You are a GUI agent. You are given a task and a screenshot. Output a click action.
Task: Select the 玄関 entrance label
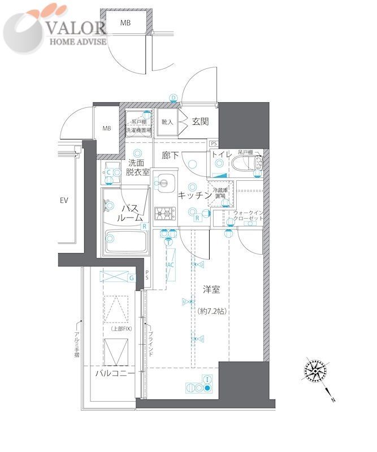tap(200, 121)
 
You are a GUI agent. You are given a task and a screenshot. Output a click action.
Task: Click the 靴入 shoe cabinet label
tap(167, 122)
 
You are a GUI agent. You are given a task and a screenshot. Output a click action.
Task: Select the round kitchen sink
tap(166, 182)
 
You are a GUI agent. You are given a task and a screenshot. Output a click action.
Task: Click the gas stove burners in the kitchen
tap(165, 214)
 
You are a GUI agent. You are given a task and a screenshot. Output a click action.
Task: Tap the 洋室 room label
tap(211, 289)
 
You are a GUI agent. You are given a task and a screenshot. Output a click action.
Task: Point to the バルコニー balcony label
tap(114, 374)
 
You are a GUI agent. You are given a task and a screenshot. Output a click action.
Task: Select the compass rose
tap(314, 371)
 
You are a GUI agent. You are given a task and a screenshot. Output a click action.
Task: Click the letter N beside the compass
tap(333, 400)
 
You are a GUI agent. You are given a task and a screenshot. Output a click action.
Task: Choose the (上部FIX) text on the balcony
tap(117, 329)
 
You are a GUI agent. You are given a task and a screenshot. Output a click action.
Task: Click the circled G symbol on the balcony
tap(131, 277)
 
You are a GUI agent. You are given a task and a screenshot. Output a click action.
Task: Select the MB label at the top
tap(125, 23)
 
